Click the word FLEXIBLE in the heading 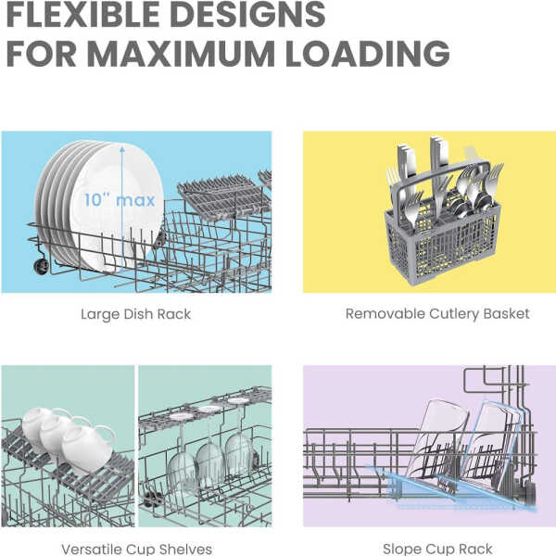coord(82,14)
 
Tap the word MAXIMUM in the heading coord(181,54)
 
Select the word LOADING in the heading coord(368,54)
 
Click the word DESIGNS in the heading coord(247,14)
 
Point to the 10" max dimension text coord(120,200)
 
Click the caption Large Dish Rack coord(136,314)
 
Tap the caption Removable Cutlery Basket coord(437,314)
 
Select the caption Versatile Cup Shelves coord(136,550)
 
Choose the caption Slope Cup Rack coord(437,550)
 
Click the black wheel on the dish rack coord(41,266)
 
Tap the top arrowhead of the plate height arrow coord(122,148)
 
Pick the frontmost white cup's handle coord(105,433)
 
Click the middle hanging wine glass coord(210,462)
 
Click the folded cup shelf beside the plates coord(224,196)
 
